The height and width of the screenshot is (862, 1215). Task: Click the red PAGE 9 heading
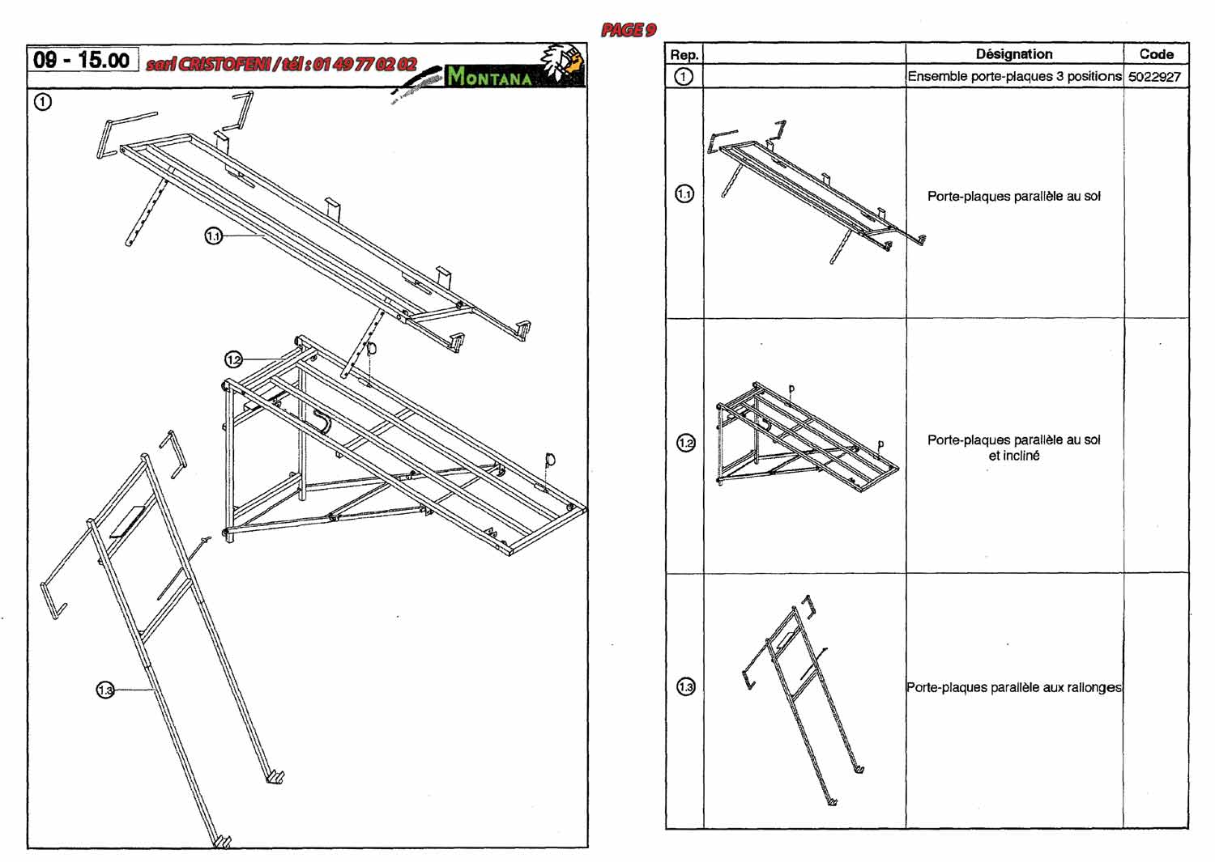tap(628, 31)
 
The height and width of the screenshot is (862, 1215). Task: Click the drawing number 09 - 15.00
tap(82, 60)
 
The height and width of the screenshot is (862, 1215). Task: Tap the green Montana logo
tap(489, 77)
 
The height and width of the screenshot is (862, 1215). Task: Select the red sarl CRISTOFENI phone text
tap(282, 65)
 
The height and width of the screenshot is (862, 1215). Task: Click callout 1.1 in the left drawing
tap(213, 236)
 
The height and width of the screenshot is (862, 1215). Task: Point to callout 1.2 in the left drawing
tap(233, 359)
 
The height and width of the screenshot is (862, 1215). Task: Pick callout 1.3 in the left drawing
tap(105, 690)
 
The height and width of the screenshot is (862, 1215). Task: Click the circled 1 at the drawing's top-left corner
tap(42, 102)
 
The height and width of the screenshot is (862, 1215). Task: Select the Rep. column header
tap(684, 55)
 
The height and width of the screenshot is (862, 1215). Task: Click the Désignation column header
tap(1014, 54)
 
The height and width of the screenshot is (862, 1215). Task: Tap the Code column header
tap(1156, 54)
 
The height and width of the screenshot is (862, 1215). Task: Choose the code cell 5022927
tap(1154, 77)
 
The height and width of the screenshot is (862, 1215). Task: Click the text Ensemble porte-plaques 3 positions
tap(1014, 77)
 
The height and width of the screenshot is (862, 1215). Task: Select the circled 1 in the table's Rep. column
tap(684, 77)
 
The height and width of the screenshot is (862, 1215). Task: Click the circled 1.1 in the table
tap(684, 194)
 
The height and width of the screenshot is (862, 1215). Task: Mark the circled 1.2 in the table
tap(685, 443)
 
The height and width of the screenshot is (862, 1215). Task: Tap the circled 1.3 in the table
tap(685, 687)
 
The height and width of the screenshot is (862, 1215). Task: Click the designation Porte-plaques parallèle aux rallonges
tap(1014, 687)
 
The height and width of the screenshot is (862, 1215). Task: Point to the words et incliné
tap(1014, 456)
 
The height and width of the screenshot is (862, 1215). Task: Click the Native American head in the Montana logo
tap(564, 63)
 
